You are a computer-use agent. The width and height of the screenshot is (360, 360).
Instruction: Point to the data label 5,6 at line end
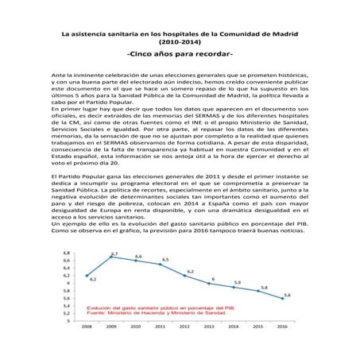(286, 295)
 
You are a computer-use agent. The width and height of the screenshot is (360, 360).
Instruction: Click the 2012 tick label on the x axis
(186, 326)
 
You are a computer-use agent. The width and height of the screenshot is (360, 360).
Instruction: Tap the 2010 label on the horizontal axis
(137, 326)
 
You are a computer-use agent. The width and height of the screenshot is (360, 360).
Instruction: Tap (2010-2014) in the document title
(180, 41)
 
